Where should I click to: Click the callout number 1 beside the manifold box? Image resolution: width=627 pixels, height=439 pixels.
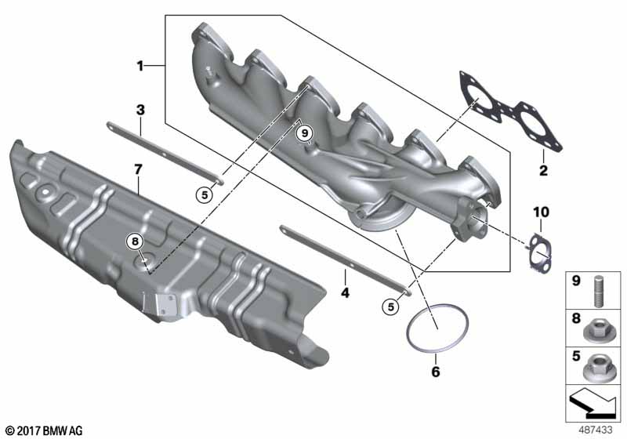pos(140,66)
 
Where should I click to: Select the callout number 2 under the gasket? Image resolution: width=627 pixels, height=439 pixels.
pos(543,171)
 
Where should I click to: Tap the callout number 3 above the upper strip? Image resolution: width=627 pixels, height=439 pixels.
pos(140,110)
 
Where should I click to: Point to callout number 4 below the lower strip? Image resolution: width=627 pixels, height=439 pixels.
pos(345,293)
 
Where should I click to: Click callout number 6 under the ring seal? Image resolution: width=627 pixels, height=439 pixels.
pos(436,372)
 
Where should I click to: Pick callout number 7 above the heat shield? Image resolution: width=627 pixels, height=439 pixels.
pos(138,169)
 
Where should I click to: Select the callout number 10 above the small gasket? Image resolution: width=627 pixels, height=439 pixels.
pos(541,212)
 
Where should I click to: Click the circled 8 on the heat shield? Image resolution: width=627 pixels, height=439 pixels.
pos(135,241)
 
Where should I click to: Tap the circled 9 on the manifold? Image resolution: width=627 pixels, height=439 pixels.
pos(305,132)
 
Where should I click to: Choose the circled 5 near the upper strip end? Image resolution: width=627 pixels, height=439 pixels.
pos(205,195)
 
